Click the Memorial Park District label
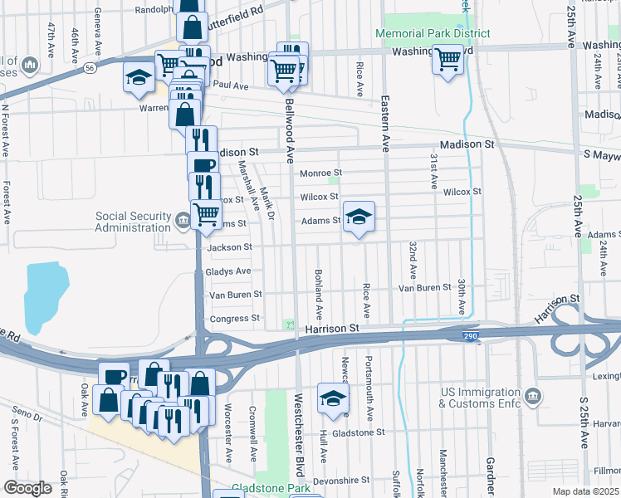coord(432,33)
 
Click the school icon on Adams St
coord(359,218)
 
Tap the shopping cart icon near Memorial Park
coord(447,60)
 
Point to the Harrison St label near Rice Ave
coord(332,329)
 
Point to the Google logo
coord(27,487)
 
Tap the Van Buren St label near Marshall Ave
coord(236,295)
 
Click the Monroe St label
coord(320,173)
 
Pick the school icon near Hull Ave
coord(333,399)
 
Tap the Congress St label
coord(236,319)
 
